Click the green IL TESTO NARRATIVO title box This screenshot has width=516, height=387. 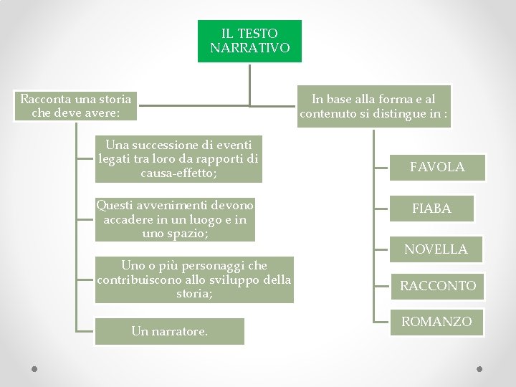(x=249, y=41)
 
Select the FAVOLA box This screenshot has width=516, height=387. (x=437, y=167)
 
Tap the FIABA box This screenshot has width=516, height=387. (x=431, y=209)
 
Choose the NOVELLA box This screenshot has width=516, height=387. (x=436, y=249)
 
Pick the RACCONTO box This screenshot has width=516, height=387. (x=438, y=286)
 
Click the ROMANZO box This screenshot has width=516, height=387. (x=436, y=322)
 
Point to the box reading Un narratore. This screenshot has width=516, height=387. (x=170, y=331)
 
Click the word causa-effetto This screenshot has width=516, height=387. (x=178, y=173)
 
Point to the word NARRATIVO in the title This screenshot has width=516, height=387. (x=250, y=48)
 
